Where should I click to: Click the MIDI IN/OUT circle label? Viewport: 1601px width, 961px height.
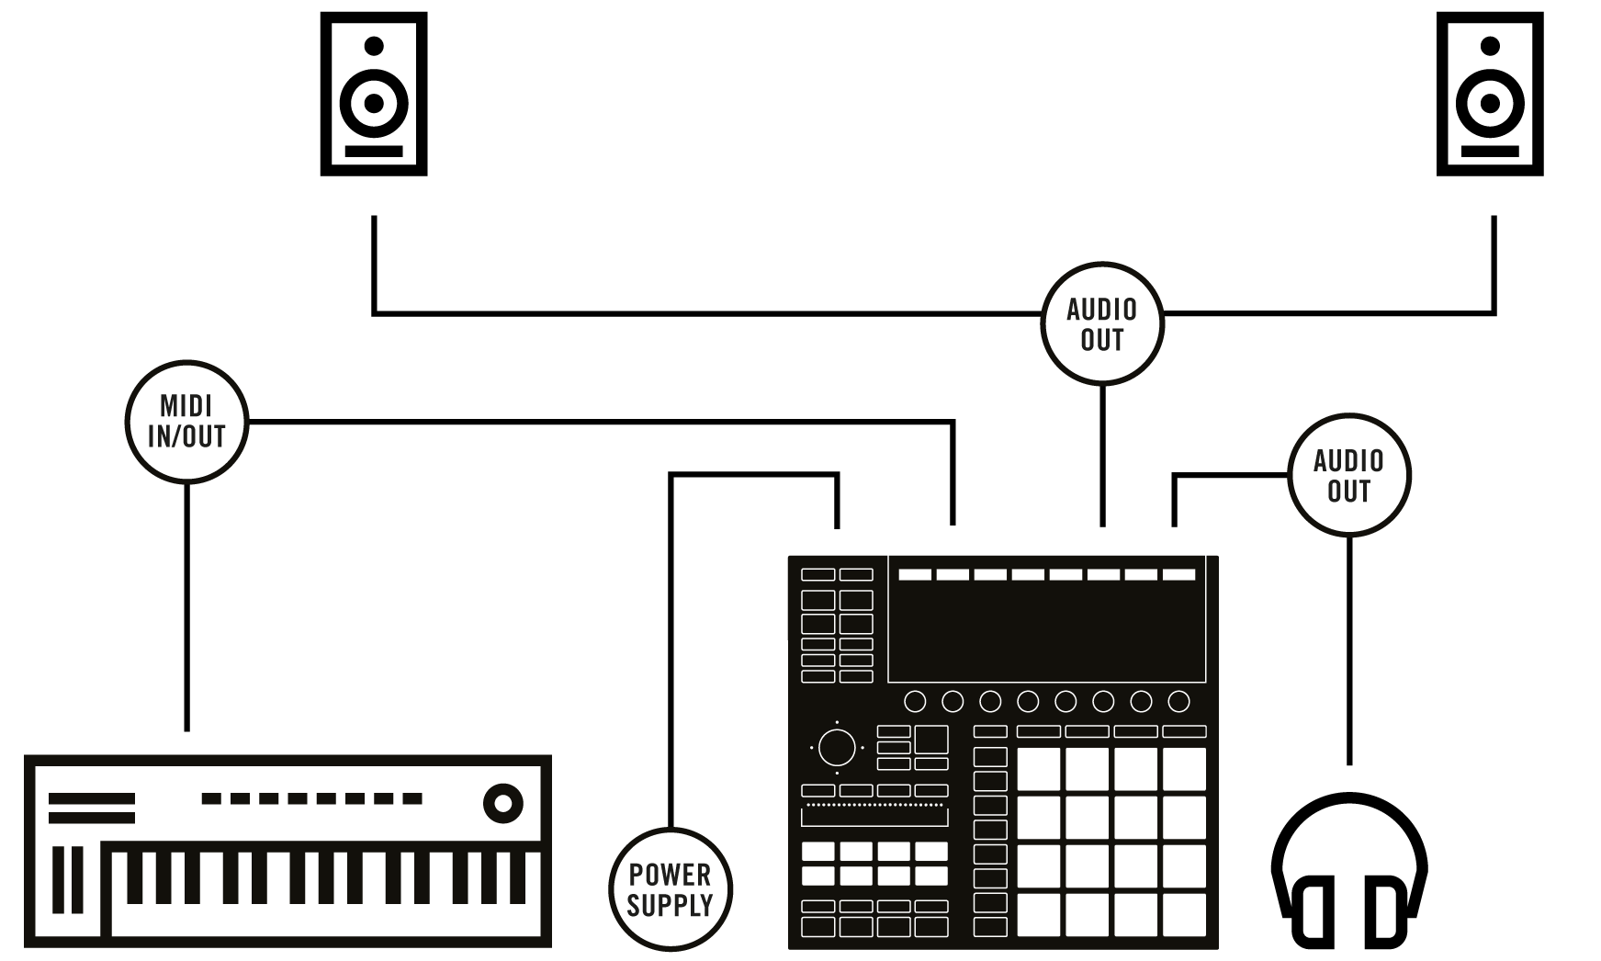point(187,422)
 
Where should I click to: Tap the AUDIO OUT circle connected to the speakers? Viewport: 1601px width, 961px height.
point(1102,324)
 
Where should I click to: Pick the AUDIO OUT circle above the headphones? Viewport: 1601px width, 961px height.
point(1348,475)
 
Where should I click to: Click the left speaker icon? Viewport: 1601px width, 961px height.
point(373,94)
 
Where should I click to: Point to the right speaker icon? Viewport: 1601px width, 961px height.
point(1490,94)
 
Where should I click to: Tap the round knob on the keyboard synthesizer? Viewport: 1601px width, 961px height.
point(502,804)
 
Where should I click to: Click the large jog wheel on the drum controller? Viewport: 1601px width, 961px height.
point(837,748)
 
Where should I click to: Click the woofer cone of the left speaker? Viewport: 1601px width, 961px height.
point(373,101)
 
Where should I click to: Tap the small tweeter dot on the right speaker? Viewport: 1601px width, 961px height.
point(1490,45)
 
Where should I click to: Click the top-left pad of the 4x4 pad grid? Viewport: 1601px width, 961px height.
point(1038,770)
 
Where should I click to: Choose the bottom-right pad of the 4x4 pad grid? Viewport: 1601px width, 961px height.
point(1183,913)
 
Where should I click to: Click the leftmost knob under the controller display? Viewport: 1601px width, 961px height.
point(915,702)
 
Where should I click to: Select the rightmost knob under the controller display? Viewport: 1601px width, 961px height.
point(1178,702)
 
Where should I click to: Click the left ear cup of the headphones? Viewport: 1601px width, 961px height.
point(1313,915)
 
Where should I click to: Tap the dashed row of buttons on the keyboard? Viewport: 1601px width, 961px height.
point(311,799)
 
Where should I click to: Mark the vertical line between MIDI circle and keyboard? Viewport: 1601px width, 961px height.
point(187,606)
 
